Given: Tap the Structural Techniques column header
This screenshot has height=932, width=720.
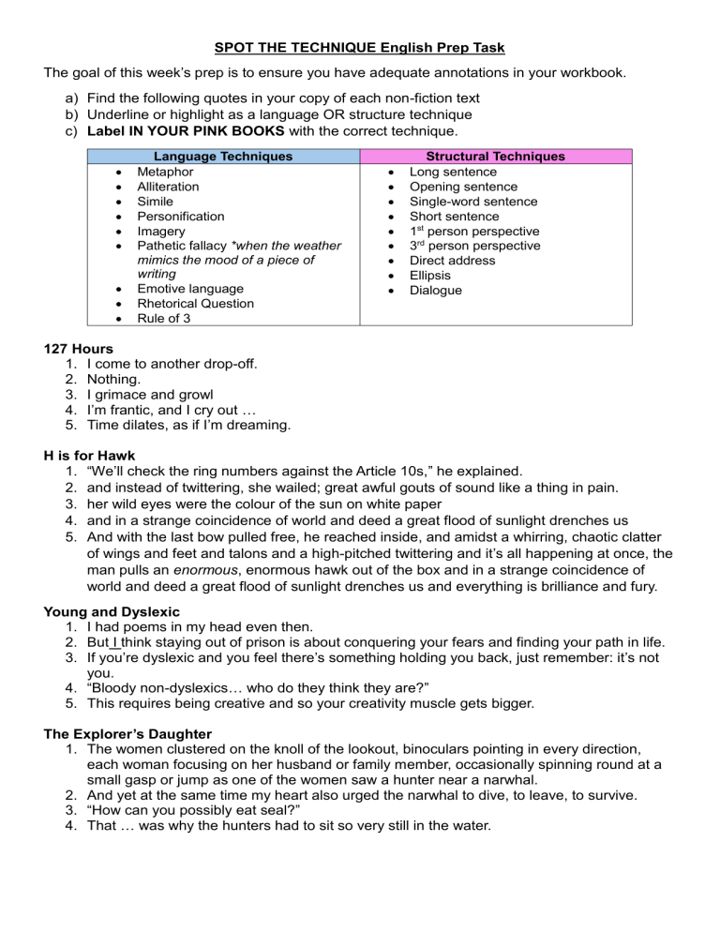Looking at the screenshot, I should tap(496, 157).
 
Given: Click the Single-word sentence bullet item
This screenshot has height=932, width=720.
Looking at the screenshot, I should tap(473, 202).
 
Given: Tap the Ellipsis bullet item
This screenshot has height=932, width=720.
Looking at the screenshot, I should tap(429, 275).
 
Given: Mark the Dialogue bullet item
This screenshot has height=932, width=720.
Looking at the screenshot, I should tap(436, 290).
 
